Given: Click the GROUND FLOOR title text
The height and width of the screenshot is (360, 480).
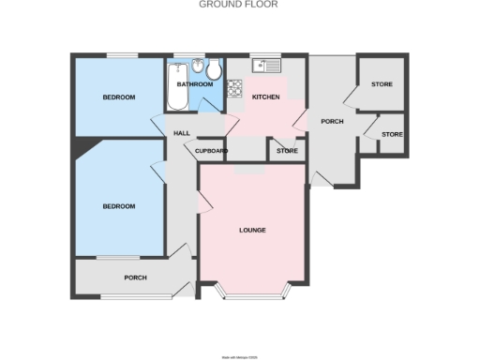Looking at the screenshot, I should [x=238, y=5].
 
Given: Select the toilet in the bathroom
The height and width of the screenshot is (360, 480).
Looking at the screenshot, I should [x=214, y=69].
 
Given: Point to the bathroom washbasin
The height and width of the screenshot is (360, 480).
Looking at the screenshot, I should [x=198, y=67].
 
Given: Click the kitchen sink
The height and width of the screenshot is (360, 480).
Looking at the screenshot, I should [x=265, y=67].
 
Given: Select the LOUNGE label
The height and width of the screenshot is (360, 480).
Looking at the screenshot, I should [x=252, y=231].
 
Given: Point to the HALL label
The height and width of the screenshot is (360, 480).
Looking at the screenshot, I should [x=183, y=133].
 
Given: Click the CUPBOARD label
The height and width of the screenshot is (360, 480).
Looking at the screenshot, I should [x=210, y=150].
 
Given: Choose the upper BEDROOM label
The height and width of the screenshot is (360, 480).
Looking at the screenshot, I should [x=119, y=97].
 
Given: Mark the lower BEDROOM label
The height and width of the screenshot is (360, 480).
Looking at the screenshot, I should [x=119, y=206].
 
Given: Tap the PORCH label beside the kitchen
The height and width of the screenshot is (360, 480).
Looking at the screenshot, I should [x=332, y=121].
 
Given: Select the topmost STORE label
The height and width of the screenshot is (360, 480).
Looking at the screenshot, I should [x=382, y=85].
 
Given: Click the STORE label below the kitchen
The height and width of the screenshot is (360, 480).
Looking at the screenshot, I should [x=287, y=150].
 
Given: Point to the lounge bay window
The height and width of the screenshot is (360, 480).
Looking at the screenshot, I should [x=251, y=294].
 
